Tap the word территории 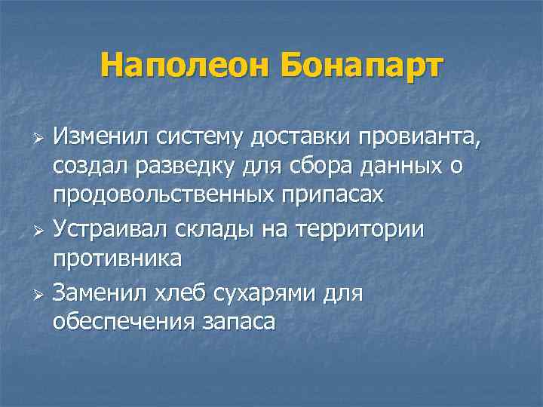[x=366, y=228]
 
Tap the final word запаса [x=240, y=322]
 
